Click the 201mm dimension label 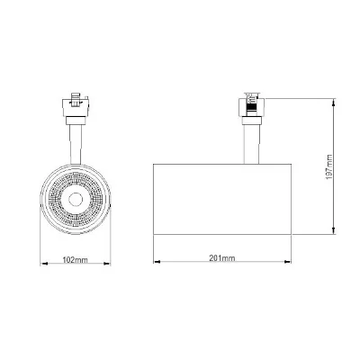[222, 258]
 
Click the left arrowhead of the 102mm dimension [43, 265]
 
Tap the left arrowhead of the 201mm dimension [154, 265]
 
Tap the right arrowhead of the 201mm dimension [296, 265]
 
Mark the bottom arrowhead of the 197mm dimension [335, 233]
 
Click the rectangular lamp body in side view [225, 193]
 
